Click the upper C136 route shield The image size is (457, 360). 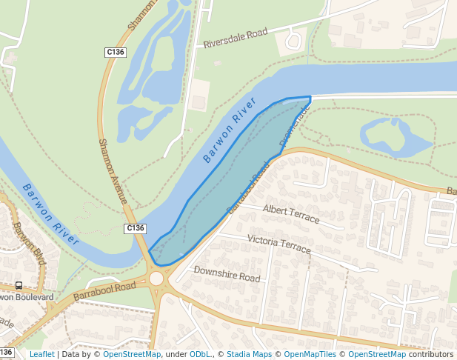point(115,52)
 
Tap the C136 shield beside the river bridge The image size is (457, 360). point(135,228)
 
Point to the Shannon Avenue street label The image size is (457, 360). point(112,171)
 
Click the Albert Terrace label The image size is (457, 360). point(291,214)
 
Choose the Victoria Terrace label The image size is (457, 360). point(279,243)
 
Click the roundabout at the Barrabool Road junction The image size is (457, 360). point(156,279)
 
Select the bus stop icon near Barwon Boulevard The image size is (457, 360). point(19,285)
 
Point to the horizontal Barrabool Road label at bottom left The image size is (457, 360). point(104,290)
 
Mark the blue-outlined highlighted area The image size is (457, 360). point(222,185)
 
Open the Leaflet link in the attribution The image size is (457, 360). point(41,354)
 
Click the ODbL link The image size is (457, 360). point(201,354)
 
